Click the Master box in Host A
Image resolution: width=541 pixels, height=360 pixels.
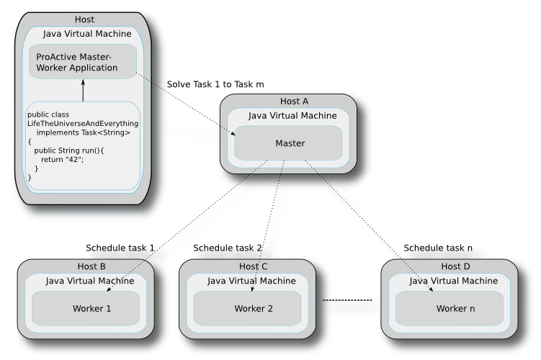[289, 143]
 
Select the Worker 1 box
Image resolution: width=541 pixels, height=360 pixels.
[91, 309]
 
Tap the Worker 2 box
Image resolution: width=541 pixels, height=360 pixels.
[253, 309]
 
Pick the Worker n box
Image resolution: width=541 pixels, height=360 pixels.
[455, 309]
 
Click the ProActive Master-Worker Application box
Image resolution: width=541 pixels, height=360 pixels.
[82, 62]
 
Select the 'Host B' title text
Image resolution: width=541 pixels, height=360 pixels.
[91, 267]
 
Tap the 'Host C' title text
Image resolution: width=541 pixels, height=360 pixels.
[253, 267]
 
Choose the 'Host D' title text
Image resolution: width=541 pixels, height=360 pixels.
[455, 267]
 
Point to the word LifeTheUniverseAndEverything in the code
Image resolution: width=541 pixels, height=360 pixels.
[82, 124]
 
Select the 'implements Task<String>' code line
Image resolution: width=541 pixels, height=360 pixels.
[83, 133]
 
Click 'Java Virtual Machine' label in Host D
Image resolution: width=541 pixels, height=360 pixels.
[453, 281]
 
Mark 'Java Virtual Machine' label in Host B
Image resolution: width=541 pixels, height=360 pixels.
[90, 281]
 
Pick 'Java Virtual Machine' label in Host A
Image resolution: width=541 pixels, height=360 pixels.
[292, 116]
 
